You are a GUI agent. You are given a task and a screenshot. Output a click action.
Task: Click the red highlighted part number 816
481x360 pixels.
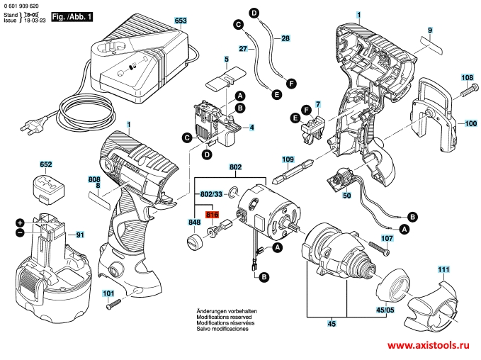[x=212, y=214]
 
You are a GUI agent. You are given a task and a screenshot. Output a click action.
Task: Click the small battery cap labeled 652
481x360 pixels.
[x=47, y=189]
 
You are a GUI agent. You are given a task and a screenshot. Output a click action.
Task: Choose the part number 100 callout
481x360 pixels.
[x=470, y=123]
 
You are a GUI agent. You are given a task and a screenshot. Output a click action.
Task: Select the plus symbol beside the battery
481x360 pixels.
[x=20, y=223]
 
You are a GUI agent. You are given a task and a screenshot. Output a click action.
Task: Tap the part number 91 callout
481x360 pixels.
[x=80, y=235]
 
